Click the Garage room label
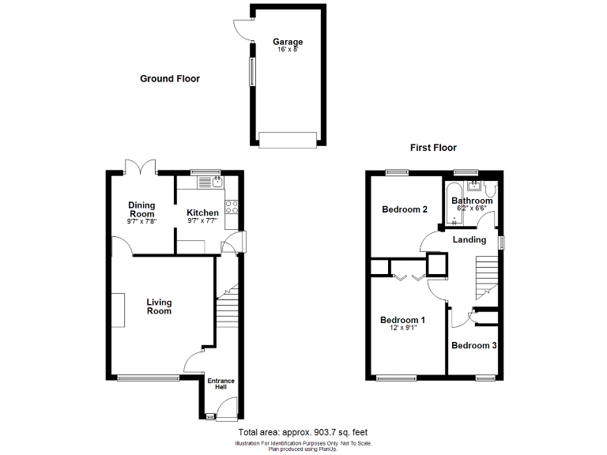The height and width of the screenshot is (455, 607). [288, 42]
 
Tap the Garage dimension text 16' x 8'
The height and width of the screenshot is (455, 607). [288, 50]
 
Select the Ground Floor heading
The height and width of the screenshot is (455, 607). [170, 79]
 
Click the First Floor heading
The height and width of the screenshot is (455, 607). [433, 148]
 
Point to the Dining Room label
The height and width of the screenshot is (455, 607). [141, 209]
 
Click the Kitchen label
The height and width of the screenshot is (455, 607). [202, 212]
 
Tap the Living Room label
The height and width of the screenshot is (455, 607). [159, 306]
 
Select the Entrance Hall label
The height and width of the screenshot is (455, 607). [221, 385]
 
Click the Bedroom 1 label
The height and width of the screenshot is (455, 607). [402, 320]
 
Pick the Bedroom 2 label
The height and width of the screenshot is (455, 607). [405, 209]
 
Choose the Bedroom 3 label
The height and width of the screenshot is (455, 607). [474, 345]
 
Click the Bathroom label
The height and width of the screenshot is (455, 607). [472, 201]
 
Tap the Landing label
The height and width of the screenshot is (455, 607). [469, 239]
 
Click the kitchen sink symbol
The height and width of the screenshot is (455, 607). [209, 182]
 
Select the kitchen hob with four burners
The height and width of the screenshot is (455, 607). [232, 207]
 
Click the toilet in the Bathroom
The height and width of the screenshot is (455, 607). [491, 190]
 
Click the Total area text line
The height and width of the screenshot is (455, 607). [303, 433]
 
